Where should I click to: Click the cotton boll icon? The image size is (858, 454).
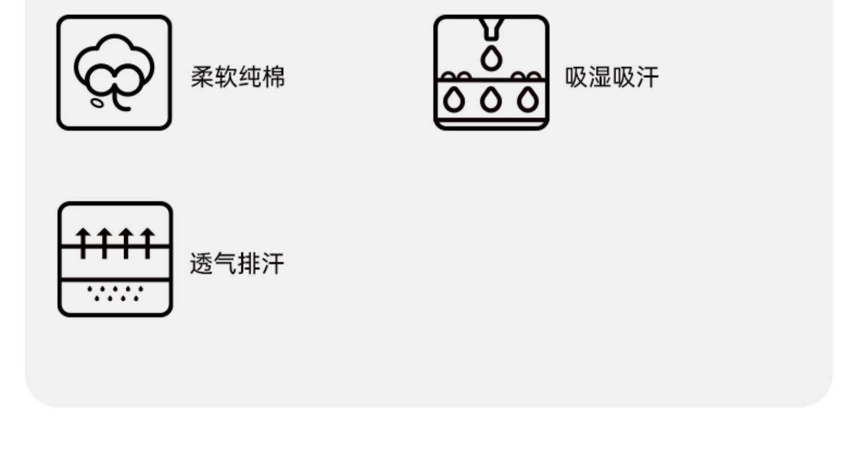click(114, 73)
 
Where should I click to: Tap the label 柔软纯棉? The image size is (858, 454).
click(237, 77)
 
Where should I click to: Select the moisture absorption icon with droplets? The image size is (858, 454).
click(491, 73)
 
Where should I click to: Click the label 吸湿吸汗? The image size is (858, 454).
click(611, 77)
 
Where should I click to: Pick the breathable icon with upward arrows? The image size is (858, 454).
click(115, 259)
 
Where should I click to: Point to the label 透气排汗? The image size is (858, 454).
click(237, 264)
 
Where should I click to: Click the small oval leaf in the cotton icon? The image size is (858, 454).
click(98, 103)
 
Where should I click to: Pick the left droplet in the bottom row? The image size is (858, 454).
click(454, 101)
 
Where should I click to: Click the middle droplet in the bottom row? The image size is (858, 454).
click(490, 101)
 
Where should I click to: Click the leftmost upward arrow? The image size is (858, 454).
click(84, 242)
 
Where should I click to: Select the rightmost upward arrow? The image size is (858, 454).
click(148, 242)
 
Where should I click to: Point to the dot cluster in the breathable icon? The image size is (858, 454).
click(115, 293)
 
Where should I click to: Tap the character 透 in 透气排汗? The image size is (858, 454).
click(201, 264)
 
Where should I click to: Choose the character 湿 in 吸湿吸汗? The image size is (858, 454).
click(599, 77)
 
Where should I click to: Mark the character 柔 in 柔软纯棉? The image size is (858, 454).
click(202, 77)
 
